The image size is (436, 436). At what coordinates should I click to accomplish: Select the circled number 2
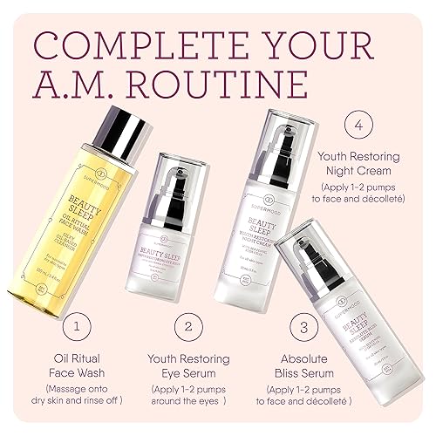(187, 327)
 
